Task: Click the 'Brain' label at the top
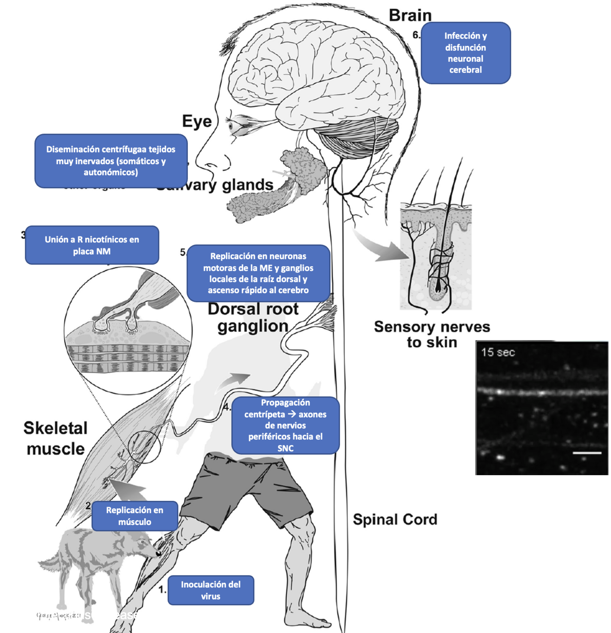point(410,15)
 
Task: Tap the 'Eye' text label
point(197,121)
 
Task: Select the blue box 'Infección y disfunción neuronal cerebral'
point(465,53)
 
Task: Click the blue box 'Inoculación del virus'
point(211,590)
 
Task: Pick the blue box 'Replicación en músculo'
point(135,516)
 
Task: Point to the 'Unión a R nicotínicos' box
point(92,245)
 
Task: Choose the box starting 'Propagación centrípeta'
point(285,425)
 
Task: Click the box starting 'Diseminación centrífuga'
point(111,161)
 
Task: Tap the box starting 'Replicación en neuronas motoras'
point(258,273)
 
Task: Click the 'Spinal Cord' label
point(395,520)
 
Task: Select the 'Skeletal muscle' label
point(55,438)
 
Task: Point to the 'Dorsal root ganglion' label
point(253,317)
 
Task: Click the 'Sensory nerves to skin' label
point(432,334)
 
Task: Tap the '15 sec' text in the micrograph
point(498,353)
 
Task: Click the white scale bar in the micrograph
point(587,453)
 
